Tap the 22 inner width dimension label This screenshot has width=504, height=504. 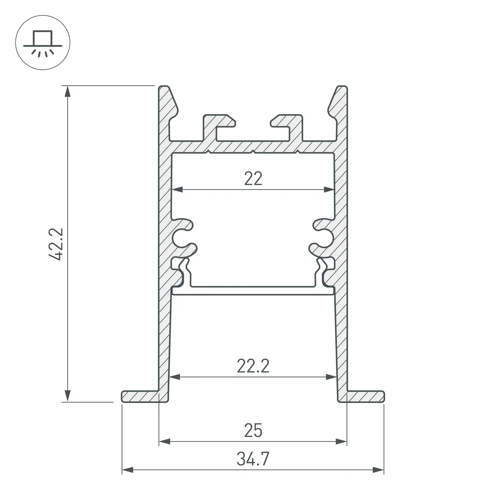253,179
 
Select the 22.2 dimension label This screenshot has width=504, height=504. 253,366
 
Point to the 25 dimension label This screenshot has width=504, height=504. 253,431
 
